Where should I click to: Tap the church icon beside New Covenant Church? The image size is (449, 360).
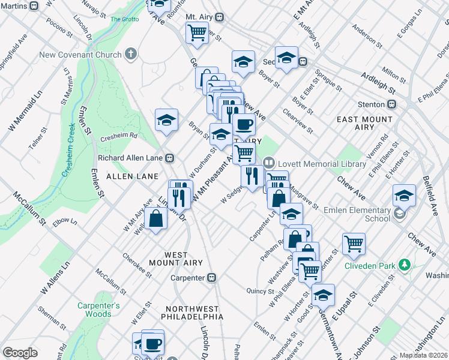click(x=131, y=55)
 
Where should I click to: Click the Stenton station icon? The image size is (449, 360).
click(x=392, y=103)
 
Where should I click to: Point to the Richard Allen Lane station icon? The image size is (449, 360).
click(x=170, y=158)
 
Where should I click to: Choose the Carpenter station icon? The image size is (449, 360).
click(x=211, y=278)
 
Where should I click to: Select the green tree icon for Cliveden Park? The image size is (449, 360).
click(x=406, y=265)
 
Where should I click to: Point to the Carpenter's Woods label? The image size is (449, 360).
click(x=98, y=310)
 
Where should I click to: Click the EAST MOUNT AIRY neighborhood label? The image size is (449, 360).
click(x=364, y=123)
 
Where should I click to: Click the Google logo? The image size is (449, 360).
click(x=20, y=353)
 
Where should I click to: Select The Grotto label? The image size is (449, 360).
click(x=124, y=19)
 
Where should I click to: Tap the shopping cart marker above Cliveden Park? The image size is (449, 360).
click(x=354, y=243)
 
